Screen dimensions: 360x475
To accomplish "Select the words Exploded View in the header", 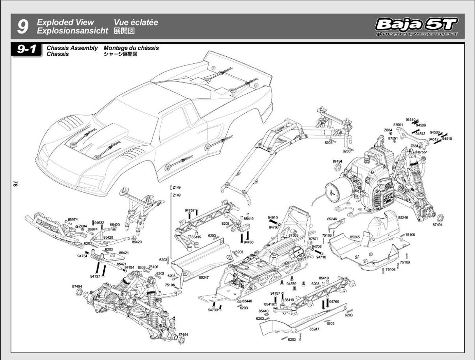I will pos(65,23).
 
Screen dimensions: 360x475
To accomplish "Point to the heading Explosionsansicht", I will pos(72,31).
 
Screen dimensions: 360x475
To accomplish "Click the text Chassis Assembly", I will pos(72,48).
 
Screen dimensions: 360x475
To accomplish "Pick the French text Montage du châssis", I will pos(131,48).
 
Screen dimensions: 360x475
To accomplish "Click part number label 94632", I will pos(99,222).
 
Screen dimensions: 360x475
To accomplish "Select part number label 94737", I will pos(95,276).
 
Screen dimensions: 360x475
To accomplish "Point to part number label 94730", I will pos(213,310).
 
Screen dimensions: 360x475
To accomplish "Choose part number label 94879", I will pos(292,284).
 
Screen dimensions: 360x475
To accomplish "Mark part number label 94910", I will pos(273,218).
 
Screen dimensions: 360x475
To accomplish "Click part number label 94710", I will pos(321,257).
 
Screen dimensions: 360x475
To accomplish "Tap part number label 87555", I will pos(293,235).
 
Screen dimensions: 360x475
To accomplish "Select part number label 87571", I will pos(314,238).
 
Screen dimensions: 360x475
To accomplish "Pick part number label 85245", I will pos(355,237).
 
